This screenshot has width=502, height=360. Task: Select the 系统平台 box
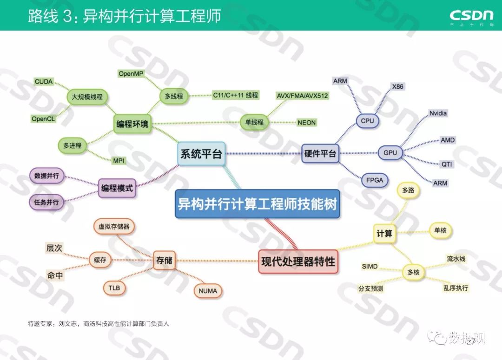click(201, 154)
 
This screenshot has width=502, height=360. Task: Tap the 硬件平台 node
click(320, 153)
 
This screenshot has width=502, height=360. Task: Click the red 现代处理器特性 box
click(298, 261)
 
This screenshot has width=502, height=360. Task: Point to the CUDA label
click(44, 82)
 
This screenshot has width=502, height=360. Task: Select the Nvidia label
click(438, 113)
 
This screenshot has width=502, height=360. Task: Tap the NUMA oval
click(208, 291)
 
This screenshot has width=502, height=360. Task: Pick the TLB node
click(114, 288)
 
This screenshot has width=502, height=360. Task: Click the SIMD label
click(370, 266)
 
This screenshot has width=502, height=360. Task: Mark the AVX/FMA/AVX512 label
click(302, 96)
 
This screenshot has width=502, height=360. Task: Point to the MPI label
click(119, 161)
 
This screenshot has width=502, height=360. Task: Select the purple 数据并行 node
click(47, 177)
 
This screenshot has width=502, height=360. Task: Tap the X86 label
click(398, 86)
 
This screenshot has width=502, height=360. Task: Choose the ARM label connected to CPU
click(340, 81)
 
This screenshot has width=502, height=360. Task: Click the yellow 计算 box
click(384, 234)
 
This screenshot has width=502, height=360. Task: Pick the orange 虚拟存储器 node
click(114, 227)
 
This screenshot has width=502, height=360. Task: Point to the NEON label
click(307, 123)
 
